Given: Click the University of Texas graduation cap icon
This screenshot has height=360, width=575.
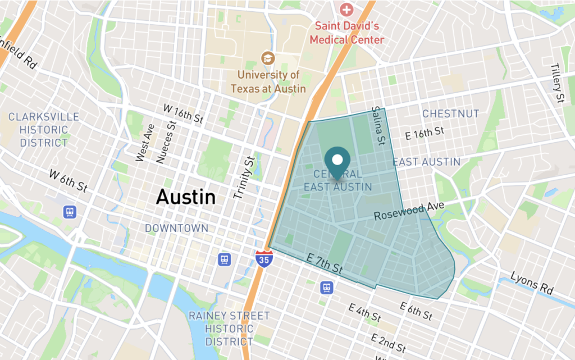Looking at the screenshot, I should (268, 58).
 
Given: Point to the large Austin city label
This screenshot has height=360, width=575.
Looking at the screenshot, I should (186, 197).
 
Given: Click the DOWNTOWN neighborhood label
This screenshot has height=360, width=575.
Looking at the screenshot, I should (176, 229).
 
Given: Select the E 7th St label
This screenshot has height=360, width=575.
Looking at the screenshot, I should (325, 264).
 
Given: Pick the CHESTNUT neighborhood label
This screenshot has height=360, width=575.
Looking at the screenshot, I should (451, 114).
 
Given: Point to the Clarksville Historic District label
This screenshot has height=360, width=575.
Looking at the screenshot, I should (44, 130).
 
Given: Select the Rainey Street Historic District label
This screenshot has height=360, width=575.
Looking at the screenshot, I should (229, 329).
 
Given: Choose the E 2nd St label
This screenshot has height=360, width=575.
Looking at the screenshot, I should (389, 343).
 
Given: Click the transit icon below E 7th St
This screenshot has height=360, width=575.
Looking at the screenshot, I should (327, 288).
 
